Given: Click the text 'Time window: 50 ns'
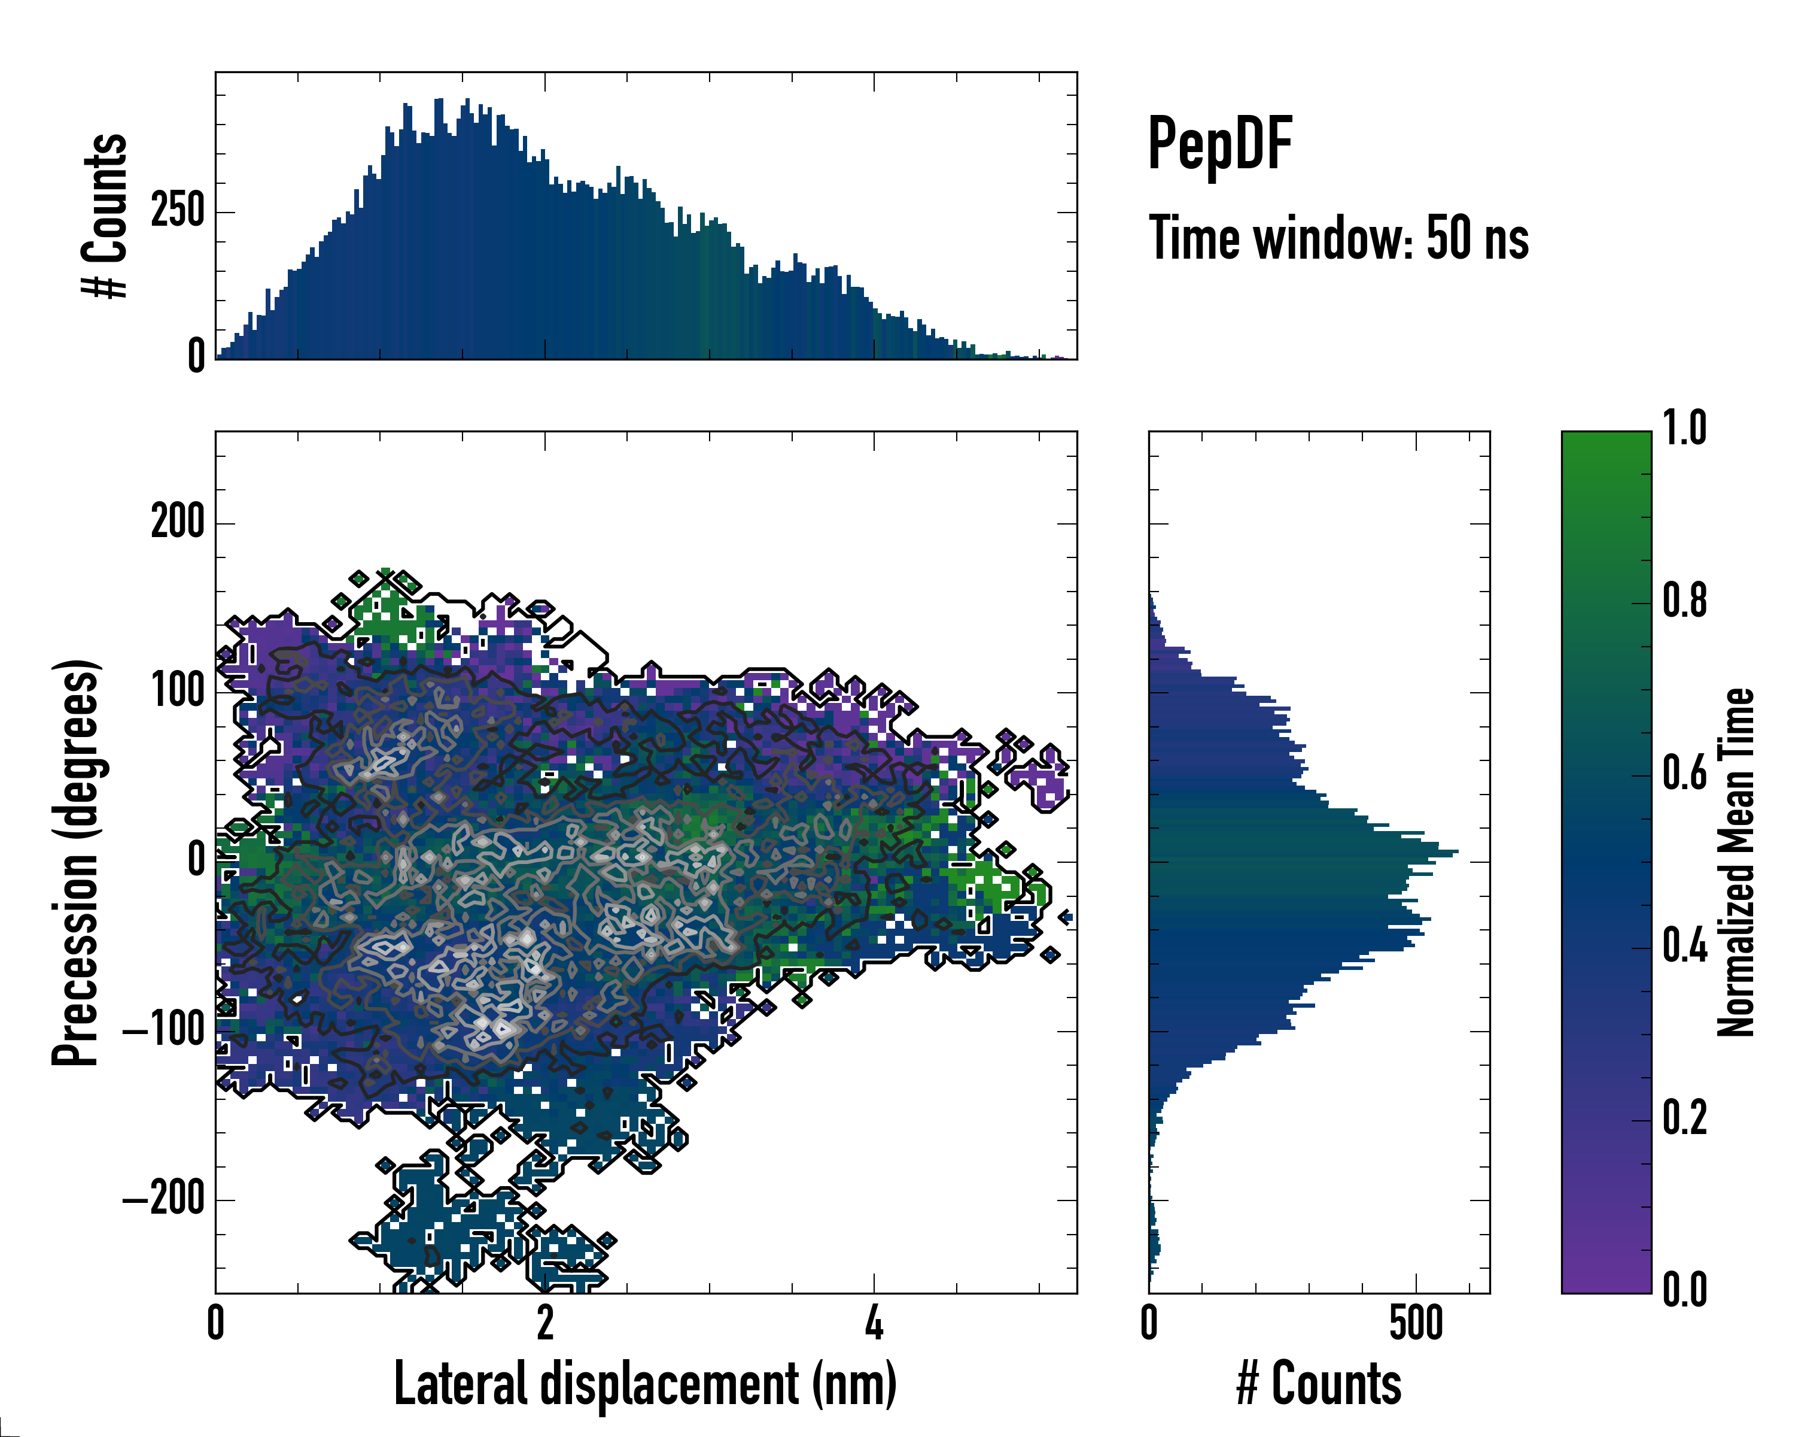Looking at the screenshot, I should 1338,238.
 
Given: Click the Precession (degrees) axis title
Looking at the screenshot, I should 76,862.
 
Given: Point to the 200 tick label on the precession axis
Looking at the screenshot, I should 177,523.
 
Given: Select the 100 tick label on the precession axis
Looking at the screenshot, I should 177,692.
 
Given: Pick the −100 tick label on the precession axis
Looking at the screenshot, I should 164,1030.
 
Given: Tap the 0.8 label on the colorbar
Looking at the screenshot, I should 1685,602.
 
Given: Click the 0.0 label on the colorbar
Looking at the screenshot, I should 1685,1290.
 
